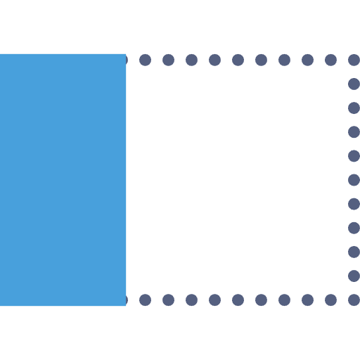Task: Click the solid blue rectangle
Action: [x=63, y=180]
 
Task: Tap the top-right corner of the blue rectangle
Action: [x=126, y=54]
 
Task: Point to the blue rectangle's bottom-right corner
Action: [x=126, y=306]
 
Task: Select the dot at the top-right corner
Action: [x=354, y=60]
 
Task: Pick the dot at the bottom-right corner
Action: [x=354, y=300]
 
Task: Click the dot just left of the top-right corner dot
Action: [x=330, y=60]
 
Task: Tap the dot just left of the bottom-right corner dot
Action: [x=330, y=300]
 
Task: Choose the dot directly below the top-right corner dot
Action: [x=354, y=84]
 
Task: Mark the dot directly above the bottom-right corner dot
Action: [x=354, y=276]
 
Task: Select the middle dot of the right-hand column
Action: [x=354, y=180]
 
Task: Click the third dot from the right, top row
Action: [x=307, y=60]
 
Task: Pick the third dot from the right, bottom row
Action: [x=307, y=300]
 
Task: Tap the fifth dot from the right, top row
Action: [x=261, y=60]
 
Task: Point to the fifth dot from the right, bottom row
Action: [x=261, y=300]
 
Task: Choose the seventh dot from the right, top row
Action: [x=214, y=60]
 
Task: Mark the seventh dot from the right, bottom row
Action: [x=214, y=300]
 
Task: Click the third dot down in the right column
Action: [x=354, y=108]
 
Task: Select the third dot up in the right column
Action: [x=354, y=252]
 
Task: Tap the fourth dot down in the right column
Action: [x=354, y=131]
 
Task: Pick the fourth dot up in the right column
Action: [x=354, y=228]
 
